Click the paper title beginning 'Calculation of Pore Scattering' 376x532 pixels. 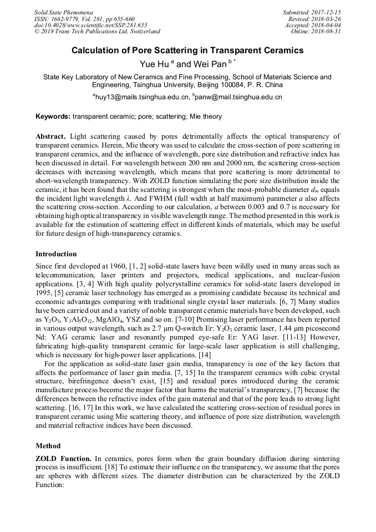187,50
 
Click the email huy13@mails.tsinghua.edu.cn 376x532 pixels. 141,97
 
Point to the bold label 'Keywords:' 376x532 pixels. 53,116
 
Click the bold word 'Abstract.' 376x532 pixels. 51,136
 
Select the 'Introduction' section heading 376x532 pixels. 56,254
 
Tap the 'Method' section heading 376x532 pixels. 48,445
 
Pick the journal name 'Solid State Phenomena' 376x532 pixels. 63,12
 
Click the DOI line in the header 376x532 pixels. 90,26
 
